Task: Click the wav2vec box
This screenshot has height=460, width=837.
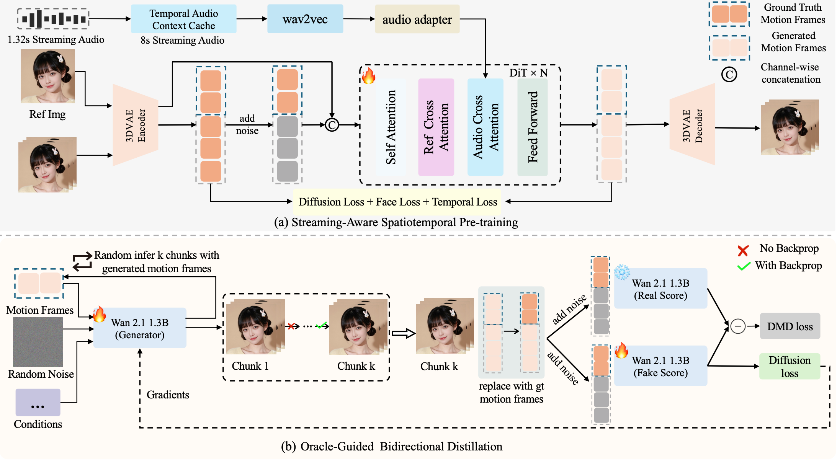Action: coord(305,19)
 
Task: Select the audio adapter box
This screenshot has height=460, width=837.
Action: coord(417,19)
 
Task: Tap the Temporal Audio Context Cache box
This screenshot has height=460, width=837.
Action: coord(183,19)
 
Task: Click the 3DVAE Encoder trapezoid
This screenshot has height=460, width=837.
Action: coord(135,125)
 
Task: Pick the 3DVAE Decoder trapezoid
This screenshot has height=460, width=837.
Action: coord(692,125)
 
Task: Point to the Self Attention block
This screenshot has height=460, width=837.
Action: coord(391,127)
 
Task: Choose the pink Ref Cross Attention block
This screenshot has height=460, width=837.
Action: coord(436,127)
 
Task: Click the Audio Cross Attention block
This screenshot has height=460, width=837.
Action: coord(485,127)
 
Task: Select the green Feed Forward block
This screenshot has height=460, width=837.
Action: coord(532,127)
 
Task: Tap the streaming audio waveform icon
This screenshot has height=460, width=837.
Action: coord(53,18)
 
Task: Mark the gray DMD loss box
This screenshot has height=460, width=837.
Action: coord(790,326)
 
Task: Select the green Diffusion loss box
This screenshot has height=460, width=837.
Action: coord(790,366)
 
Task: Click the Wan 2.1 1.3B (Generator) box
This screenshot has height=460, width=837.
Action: coord(140,328)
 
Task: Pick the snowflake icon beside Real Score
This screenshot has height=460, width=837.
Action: coord(622,272)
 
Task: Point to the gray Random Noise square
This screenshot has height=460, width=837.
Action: coord(38,342)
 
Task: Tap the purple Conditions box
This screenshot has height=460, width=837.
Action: coord(38,402)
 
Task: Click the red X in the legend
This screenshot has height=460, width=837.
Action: coord(743,251)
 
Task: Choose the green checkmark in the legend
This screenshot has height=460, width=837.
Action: coord(744,266)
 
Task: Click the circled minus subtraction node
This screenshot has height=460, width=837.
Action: coord(737,326)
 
